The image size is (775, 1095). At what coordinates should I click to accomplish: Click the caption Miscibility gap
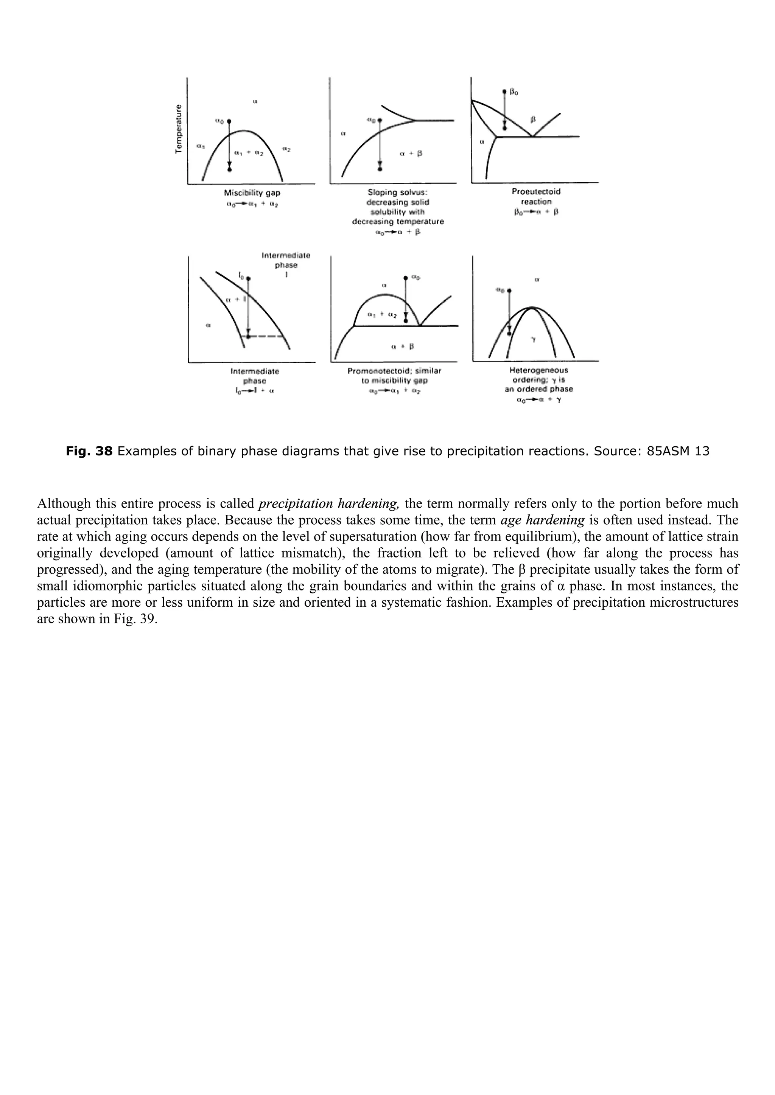pyautogui.click(x=252, y=193)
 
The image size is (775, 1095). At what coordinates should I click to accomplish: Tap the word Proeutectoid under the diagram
pyautogui.click(x=536, y=192)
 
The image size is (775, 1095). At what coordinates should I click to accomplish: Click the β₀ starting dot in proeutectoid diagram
pyautogui.click(x=505, y=91)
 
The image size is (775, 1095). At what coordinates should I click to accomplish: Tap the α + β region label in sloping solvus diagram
pyautogui.click(x=411, y=153)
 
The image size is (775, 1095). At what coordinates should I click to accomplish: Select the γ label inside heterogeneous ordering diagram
pyautogui.click(x=533, y=340)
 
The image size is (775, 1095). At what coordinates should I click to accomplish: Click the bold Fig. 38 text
pyautogui.click(x=89, y=451)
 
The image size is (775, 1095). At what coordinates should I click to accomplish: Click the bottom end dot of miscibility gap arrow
pyautogui.click(x=230, y=169)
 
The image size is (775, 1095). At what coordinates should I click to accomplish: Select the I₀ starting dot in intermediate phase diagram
pyautogui.click(x=248, y=278)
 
